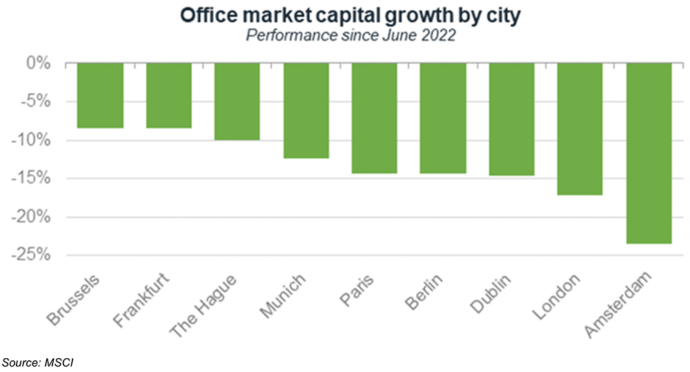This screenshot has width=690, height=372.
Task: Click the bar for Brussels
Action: pos(100,95)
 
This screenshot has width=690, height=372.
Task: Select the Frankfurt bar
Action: pos(168,95)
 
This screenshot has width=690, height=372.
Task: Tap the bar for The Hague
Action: pos(237,101)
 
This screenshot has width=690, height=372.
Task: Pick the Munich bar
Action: pos(305,110)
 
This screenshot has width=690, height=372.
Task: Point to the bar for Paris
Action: pos(374,117)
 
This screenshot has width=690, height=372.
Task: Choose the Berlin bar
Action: pos(442,117)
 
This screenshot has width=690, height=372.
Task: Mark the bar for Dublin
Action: pos(511,119)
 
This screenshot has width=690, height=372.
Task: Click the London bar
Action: pos(580,128)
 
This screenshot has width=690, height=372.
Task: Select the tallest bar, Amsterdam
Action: pos(649,153)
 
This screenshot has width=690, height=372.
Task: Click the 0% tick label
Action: pos(40,64)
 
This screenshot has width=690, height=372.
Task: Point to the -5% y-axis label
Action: pos(37,102)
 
